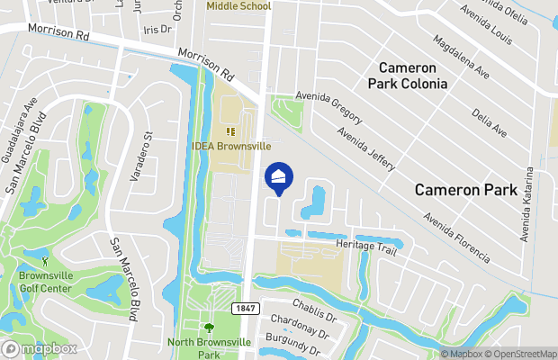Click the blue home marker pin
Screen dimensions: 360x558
tap(279, 176)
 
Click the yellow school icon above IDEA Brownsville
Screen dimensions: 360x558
tap(229, 132)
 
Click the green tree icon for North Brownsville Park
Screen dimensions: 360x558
tap(209, 328)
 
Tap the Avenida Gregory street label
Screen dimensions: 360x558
tap(329, 107)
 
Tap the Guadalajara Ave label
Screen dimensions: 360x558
tap(21, 136)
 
